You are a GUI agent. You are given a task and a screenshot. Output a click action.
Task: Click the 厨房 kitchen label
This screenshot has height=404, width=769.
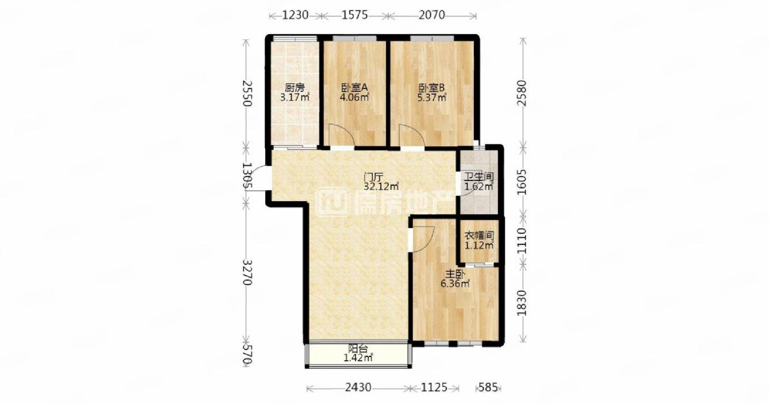294,88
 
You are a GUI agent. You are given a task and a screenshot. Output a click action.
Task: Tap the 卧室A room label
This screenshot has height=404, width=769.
354,88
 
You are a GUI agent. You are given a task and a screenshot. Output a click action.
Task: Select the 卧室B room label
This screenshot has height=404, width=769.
431,88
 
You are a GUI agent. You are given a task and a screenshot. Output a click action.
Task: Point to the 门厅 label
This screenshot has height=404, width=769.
373,177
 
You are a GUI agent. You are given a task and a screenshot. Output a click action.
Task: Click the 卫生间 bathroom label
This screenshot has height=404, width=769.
479,177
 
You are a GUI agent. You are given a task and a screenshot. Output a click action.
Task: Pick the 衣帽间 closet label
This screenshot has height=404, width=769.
479,236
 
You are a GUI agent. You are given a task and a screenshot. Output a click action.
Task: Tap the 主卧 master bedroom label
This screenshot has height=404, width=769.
455,274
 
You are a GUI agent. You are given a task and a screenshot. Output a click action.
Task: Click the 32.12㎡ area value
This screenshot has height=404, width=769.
381,187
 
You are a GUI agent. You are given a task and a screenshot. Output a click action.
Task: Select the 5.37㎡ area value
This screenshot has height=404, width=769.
432,97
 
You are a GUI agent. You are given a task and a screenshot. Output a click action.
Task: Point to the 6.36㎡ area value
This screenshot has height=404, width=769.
455,284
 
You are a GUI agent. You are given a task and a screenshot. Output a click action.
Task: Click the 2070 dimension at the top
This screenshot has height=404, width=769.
432,15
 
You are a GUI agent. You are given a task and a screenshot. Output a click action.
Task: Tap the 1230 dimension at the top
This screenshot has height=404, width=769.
295,15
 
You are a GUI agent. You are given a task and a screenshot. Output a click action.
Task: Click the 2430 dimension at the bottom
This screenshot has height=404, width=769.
358,387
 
